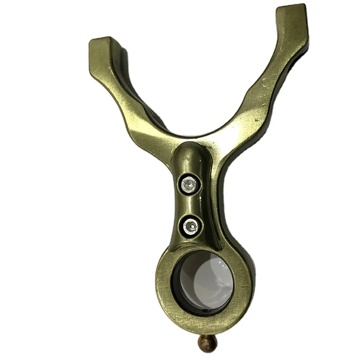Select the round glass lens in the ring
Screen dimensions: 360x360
click(204, 281)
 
